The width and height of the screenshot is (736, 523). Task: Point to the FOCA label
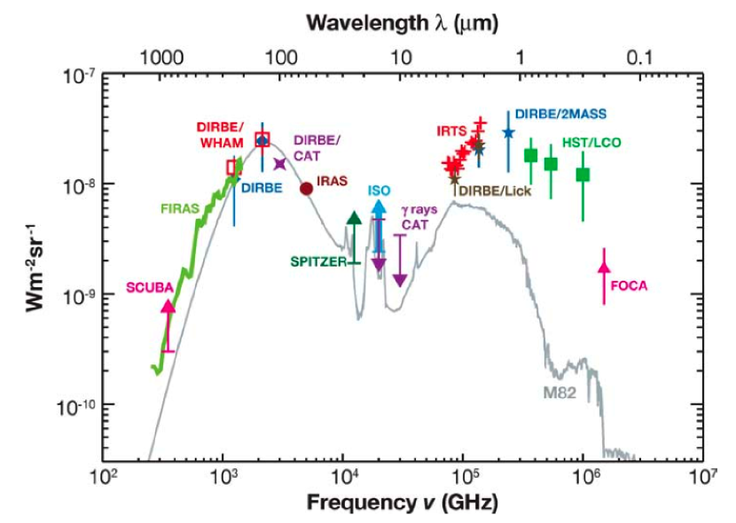(x=630, y=285)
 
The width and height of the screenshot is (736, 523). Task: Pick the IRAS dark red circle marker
(x=306, y=188)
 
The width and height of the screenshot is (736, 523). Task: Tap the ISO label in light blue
(x=379, y=191)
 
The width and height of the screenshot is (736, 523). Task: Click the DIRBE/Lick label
(x=492, y=189)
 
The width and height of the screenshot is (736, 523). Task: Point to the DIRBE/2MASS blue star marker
(x=508, y=132)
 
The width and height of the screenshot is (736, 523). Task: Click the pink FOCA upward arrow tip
(x=604, y=265)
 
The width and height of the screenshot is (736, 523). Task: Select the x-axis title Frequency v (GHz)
(x=402, y=503)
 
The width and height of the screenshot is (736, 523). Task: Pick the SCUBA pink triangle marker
(x=168, y=307)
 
